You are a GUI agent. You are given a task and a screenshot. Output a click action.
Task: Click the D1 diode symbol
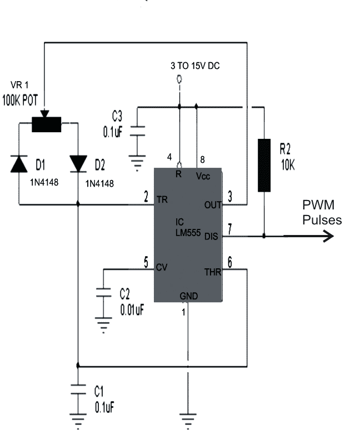click(19, 164)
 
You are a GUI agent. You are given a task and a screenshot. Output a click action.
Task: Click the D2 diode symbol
click(78, 164)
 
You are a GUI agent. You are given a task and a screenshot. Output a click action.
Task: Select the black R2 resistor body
click(264, 166)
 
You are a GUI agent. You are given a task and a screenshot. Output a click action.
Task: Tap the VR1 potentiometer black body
click(46, 124)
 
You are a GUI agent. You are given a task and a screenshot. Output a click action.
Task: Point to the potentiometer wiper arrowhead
click(44, 113)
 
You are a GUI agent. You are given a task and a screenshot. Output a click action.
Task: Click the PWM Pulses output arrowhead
click(328, 236)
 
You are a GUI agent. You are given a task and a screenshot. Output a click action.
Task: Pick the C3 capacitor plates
click(137, 131)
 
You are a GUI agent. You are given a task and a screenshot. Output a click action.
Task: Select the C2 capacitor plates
click(103, 292)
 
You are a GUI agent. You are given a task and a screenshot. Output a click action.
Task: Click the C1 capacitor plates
click(78, 389)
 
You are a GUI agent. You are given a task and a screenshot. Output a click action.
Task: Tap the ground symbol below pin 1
click(188, 421)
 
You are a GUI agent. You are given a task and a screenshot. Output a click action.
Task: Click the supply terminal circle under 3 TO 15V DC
click(179, 79)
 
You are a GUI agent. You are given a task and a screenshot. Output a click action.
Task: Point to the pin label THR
click(212, 272)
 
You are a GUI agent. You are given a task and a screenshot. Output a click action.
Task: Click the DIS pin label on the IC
click(211, 237)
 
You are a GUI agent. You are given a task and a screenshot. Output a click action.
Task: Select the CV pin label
click(162, 267)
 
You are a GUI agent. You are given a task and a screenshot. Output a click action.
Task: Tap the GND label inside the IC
click(189, 296)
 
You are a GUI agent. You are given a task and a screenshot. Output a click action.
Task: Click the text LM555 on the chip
click(188, 233)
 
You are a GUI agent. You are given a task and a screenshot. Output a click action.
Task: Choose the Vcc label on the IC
click(203, 176)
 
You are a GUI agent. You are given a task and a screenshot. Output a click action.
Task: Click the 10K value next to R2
click(288, 165)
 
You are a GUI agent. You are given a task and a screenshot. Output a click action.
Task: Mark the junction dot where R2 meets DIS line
click(264, 236)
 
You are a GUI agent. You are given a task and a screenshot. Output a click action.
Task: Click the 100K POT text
click(20, 100)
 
